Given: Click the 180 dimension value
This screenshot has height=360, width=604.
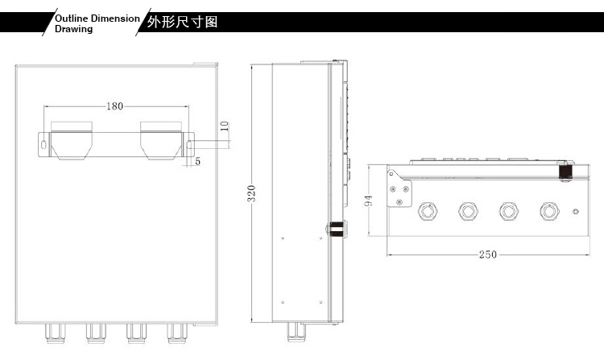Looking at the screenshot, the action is (115, 106).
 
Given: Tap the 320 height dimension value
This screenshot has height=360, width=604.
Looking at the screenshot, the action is (251, 193).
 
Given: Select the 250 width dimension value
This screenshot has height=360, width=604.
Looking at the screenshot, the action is (488, 254).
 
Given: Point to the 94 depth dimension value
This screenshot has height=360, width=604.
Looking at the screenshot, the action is (368, 201).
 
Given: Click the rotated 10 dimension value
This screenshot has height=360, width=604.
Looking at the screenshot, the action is (225, 126).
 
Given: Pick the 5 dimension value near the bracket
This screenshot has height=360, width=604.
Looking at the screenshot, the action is (197, 161).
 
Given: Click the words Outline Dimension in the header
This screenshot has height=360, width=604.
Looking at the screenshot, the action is (97, 19).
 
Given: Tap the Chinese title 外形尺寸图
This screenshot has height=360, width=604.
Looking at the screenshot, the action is (182, 22).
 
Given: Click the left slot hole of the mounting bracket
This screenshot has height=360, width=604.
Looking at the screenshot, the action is (43, 145).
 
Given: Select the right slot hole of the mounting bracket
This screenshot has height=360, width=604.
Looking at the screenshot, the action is (189, 145).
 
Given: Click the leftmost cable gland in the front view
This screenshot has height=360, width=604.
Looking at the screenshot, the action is (56, 333).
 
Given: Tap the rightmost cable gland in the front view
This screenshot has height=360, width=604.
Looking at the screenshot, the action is (177, 333).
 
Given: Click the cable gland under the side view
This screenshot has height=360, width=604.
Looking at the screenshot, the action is (296, 333).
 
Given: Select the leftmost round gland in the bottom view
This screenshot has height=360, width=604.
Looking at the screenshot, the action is (428, 211).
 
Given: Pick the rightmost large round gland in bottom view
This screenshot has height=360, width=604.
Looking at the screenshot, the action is (549, 211).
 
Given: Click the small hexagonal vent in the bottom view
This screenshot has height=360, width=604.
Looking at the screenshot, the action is (576, 211).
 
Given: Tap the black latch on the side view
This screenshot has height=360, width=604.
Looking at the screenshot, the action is (337, 228).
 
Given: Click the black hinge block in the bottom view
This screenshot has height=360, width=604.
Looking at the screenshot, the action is (565, 171).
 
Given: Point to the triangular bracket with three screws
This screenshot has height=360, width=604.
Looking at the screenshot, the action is (399, 189).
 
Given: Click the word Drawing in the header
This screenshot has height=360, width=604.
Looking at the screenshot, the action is (73, 29).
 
